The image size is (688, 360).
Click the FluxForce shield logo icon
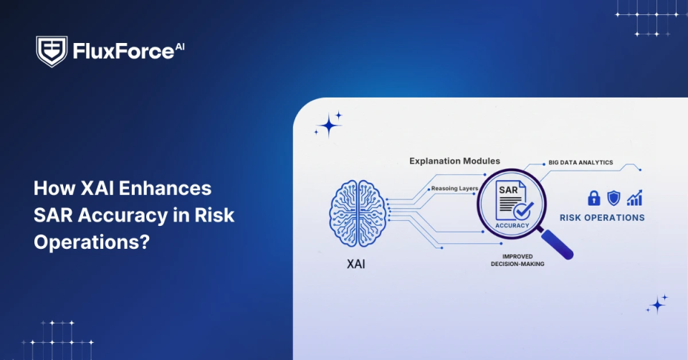51,52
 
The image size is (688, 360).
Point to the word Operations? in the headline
92,242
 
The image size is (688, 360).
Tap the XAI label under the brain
357,263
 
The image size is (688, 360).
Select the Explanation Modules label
454,161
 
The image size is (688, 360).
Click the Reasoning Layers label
454,188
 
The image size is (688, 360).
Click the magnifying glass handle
559,245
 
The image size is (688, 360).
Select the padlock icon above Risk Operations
593,198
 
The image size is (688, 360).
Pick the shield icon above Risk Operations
613,198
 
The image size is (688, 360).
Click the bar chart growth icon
634,198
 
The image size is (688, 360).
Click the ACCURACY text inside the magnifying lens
512,225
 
